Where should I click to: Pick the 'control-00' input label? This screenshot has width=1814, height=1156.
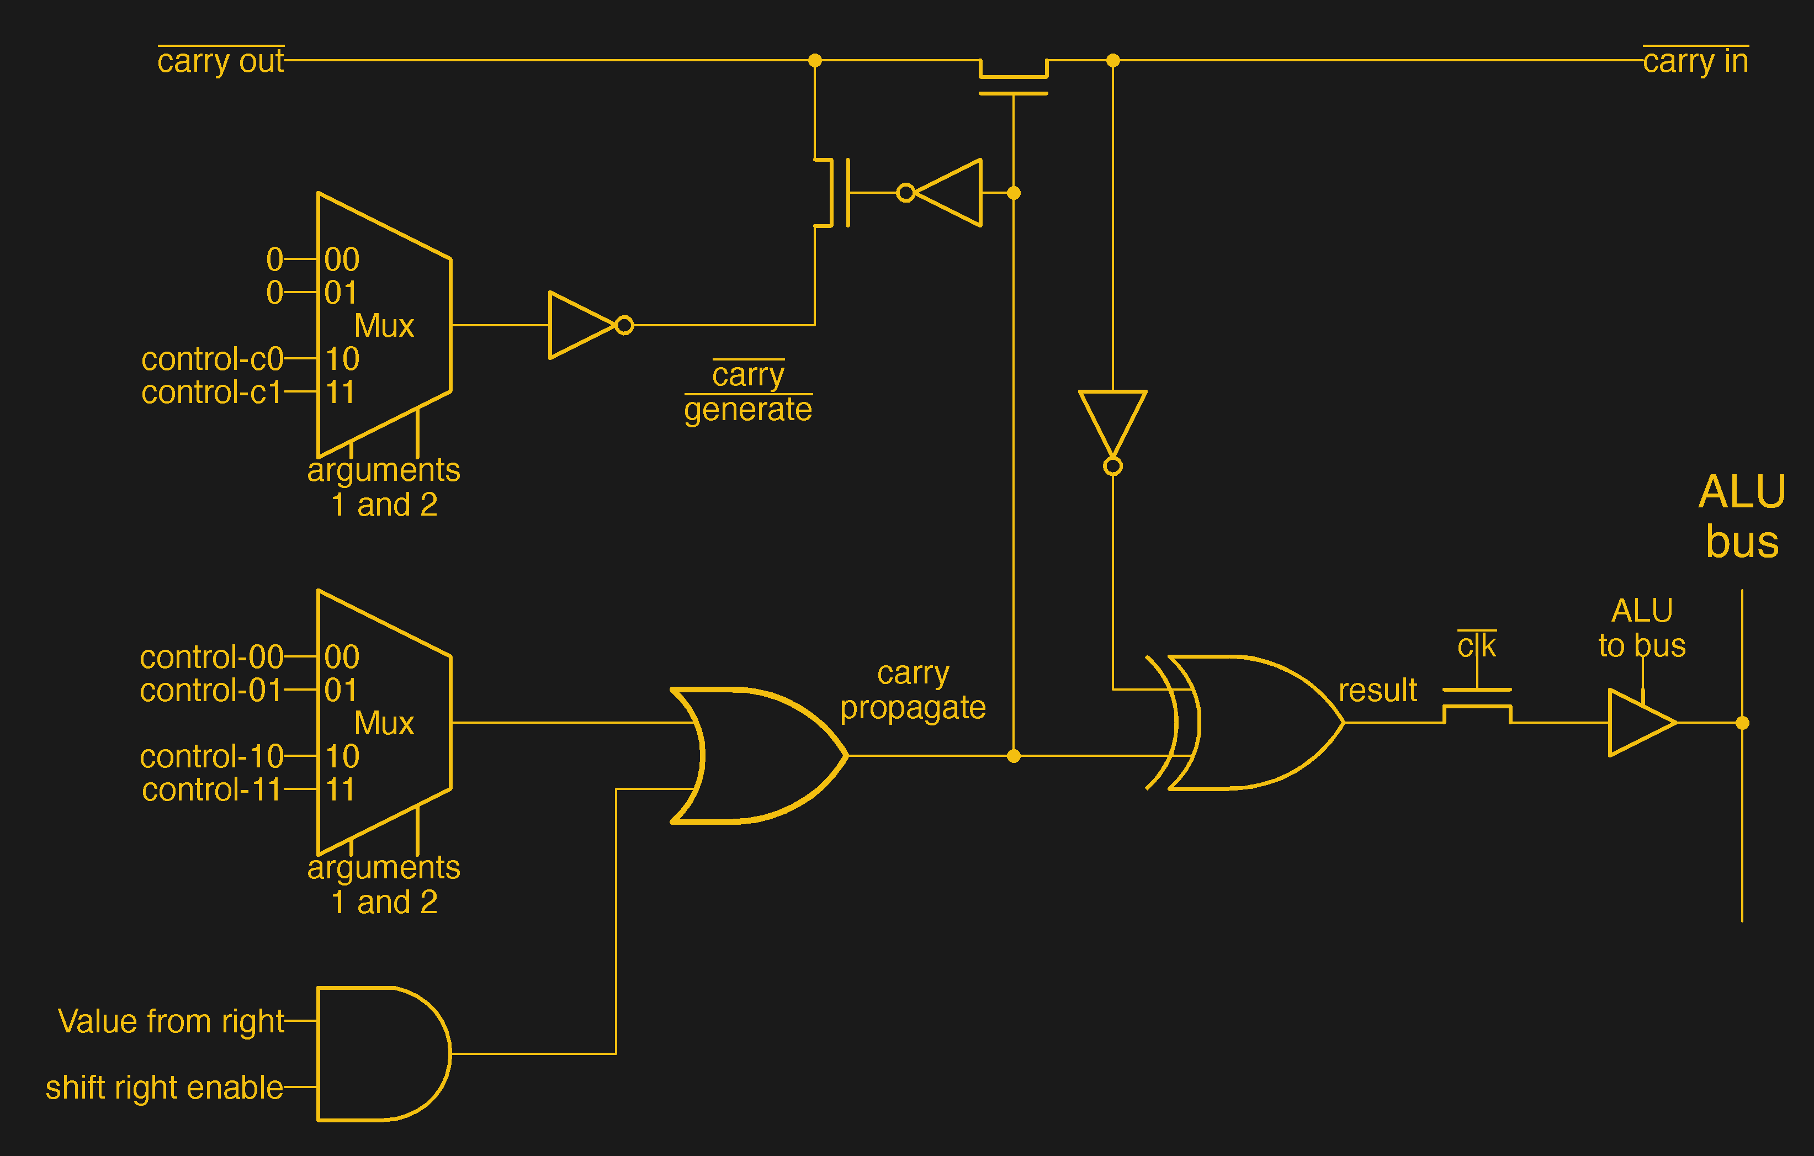click(x=211, y=657)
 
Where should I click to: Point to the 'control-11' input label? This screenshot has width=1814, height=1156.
click(x=211, y=790)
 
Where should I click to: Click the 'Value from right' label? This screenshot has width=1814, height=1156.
click(x=171, y=1022)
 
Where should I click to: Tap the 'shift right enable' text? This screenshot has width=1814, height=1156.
click(x=164, y=1088)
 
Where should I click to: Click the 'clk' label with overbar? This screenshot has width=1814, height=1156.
click(x=1477, y=646)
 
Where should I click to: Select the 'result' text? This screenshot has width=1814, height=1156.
click(x=1377, y=690)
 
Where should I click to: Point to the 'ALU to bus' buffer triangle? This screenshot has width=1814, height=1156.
click(x=1638, y=723)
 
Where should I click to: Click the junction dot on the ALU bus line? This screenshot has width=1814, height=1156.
click(x=1742, y=723)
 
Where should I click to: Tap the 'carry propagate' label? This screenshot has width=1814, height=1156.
click(x=913, y=690)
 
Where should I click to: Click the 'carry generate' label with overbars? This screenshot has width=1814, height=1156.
click(x=748, y=392)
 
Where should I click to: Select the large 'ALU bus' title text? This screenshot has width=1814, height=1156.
click(x=1742, y=517)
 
